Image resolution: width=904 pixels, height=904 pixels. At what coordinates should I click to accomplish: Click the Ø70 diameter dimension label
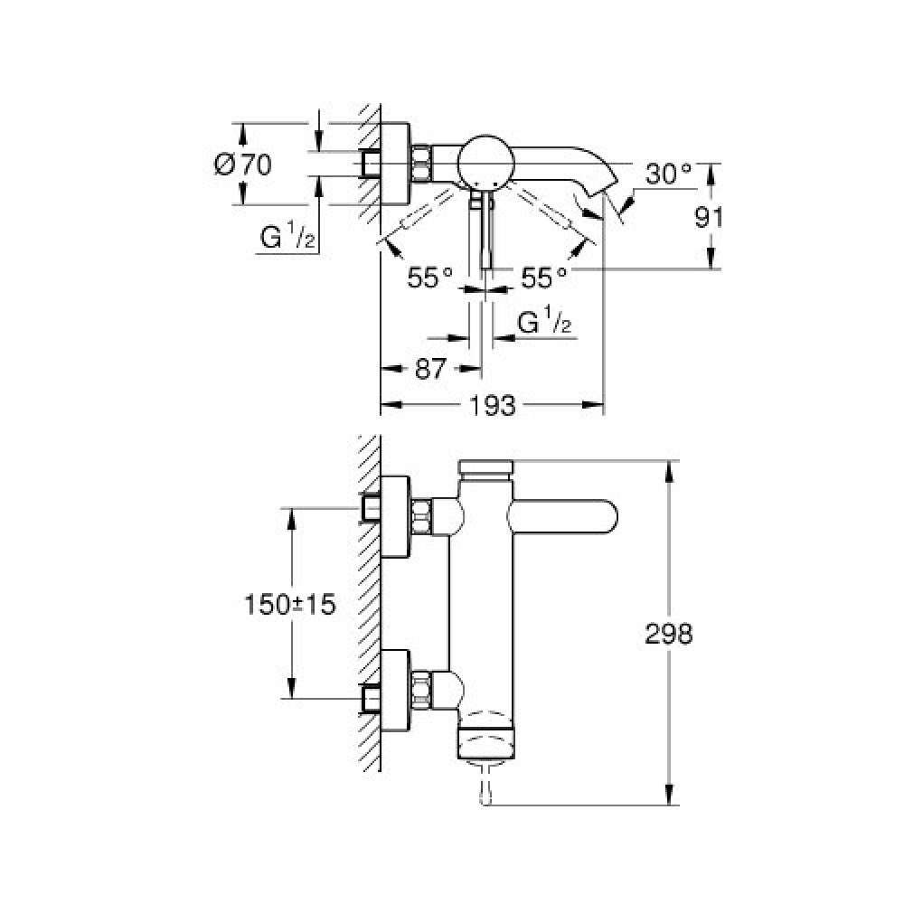point(242,165)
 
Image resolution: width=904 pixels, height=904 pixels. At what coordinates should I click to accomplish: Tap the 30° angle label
point(669,174)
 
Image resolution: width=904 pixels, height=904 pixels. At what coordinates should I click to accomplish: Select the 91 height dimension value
point(709,218)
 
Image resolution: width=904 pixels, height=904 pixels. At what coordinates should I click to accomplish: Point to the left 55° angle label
point(430,278)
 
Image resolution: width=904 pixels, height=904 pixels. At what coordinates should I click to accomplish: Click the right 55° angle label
point(544,278)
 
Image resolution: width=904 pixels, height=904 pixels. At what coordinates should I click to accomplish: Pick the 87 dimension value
point(430,369)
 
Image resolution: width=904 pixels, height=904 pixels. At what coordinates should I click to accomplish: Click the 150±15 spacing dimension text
point(290,605)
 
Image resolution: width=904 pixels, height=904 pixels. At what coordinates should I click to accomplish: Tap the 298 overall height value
point(668,635)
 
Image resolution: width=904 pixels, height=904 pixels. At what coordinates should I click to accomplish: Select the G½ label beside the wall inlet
point(287,236)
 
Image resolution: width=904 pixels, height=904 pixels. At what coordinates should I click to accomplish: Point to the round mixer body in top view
point(485,162)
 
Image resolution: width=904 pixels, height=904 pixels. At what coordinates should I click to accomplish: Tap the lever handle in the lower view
point(562,516)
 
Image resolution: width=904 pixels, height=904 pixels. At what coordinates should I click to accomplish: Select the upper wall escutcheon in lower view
point(395,517)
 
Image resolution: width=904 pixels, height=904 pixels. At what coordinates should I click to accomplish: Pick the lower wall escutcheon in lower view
point(395,690)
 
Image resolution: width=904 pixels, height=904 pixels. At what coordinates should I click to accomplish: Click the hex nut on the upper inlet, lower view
point(422,517)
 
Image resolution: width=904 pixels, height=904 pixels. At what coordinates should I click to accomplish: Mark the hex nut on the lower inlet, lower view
point(422,690)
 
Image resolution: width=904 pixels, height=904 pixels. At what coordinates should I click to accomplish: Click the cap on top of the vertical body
point(485,467)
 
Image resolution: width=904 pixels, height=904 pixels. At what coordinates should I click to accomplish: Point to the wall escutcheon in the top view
point(395,164)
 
